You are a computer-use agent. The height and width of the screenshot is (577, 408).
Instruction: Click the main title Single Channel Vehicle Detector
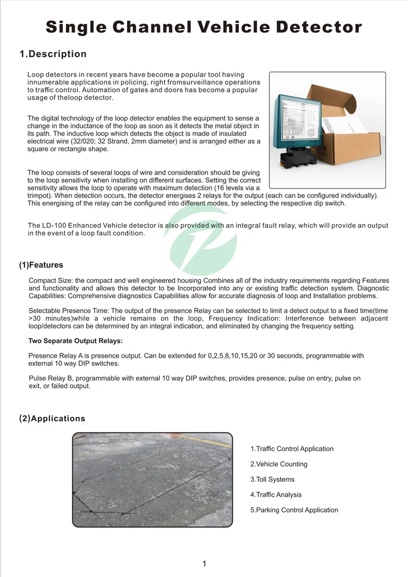204,27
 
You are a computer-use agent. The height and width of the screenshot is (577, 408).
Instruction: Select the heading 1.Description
53,54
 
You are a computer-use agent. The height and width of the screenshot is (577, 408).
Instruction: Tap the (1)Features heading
41,265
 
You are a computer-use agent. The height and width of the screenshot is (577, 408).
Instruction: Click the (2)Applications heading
52,419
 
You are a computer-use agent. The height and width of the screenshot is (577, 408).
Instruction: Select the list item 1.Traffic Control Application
292,449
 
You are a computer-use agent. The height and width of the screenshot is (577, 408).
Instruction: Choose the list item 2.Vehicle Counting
278,464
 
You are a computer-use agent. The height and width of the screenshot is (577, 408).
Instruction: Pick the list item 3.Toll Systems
272,479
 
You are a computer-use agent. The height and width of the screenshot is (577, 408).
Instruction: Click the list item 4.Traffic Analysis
275,495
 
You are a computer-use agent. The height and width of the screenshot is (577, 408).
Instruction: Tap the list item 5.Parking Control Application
294,510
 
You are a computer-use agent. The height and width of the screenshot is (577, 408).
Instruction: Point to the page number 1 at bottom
204,564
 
